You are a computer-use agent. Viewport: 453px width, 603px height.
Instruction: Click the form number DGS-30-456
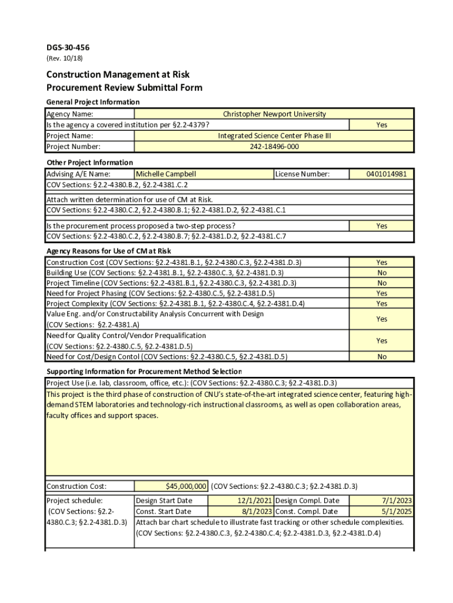[68, 48]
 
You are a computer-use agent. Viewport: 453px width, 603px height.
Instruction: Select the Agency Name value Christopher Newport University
[274, 114]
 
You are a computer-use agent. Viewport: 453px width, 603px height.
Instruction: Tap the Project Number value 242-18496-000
[274, 147]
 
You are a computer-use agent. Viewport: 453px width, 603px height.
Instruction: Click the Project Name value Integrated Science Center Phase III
[274, 136]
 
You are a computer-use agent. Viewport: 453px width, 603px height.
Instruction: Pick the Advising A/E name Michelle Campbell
[166, 174]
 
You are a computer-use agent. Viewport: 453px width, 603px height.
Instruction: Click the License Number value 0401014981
[382, 174]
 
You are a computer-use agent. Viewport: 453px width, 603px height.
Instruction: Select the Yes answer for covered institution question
[382, 125]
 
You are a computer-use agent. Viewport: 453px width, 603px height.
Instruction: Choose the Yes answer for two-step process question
[382, 226]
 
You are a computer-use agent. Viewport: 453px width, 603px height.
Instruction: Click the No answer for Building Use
[382, 273]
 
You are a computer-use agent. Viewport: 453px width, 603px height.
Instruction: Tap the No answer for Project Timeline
[382, 283]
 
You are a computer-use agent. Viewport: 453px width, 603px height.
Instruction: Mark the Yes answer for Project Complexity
[382, 304]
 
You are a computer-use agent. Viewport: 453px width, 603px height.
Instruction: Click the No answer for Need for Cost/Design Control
[382, 357]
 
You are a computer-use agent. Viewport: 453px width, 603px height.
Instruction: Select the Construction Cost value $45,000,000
[186, 486]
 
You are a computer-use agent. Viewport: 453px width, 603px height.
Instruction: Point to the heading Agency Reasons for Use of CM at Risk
[108, 251]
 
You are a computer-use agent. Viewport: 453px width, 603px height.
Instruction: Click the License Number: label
[302, 174]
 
